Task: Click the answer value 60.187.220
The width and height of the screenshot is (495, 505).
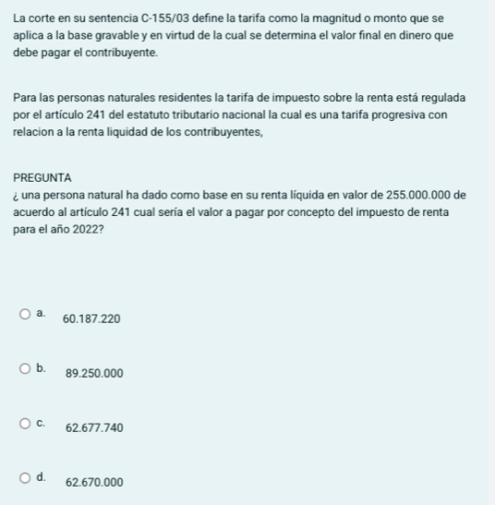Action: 91,319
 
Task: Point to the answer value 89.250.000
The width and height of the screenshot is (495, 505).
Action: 94,374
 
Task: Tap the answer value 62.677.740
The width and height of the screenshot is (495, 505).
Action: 94,428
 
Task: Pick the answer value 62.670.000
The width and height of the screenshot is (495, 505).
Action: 94,483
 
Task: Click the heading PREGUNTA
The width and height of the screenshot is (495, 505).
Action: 42,177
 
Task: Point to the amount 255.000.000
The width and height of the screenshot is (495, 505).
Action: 424,195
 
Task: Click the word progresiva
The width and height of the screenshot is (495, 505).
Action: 397,115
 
